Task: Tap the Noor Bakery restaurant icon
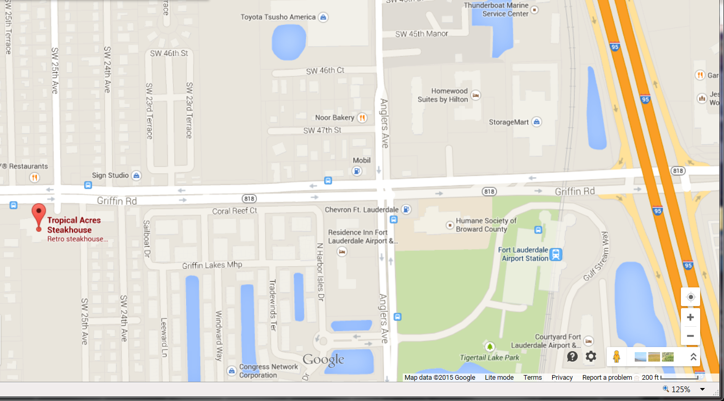coord(362,118)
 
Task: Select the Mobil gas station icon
coord(357,170)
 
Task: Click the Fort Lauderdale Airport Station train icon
coord(556,254)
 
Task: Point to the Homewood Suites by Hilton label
coord(443,95)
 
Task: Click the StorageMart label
coord(509,122)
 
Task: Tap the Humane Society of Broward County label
coord(486,225)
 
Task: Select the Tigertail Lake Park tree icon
coord(489,346)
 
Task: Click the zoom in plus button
coord(690,317)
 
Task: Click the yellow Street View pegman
coord(617,356)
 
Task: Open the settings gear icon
coord(591,356)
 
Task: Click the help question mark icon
coord(572,356)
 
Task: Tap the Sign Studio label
coord(110,175)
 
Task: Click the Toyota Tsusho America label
coord(278,17)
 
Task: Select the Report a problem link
coord(607,378)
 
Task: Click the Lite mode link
coord(499,378)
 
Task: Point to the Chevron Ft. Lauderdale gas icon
coord(406,210)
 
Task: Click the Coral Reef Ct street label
coord(235,211)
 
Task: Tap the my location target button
coord(690,297)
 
